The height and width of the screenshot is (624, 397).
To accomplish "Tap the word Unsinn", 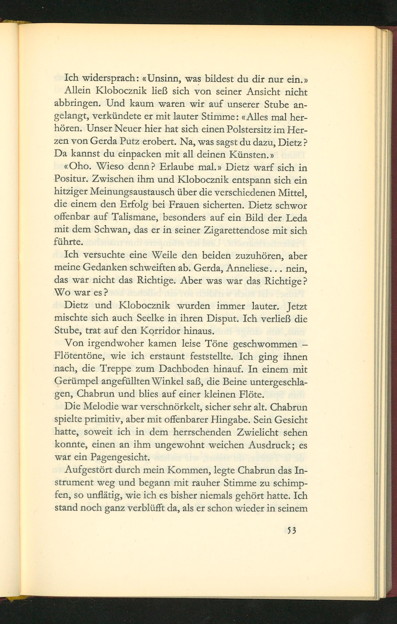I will (x=160, y=78).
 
